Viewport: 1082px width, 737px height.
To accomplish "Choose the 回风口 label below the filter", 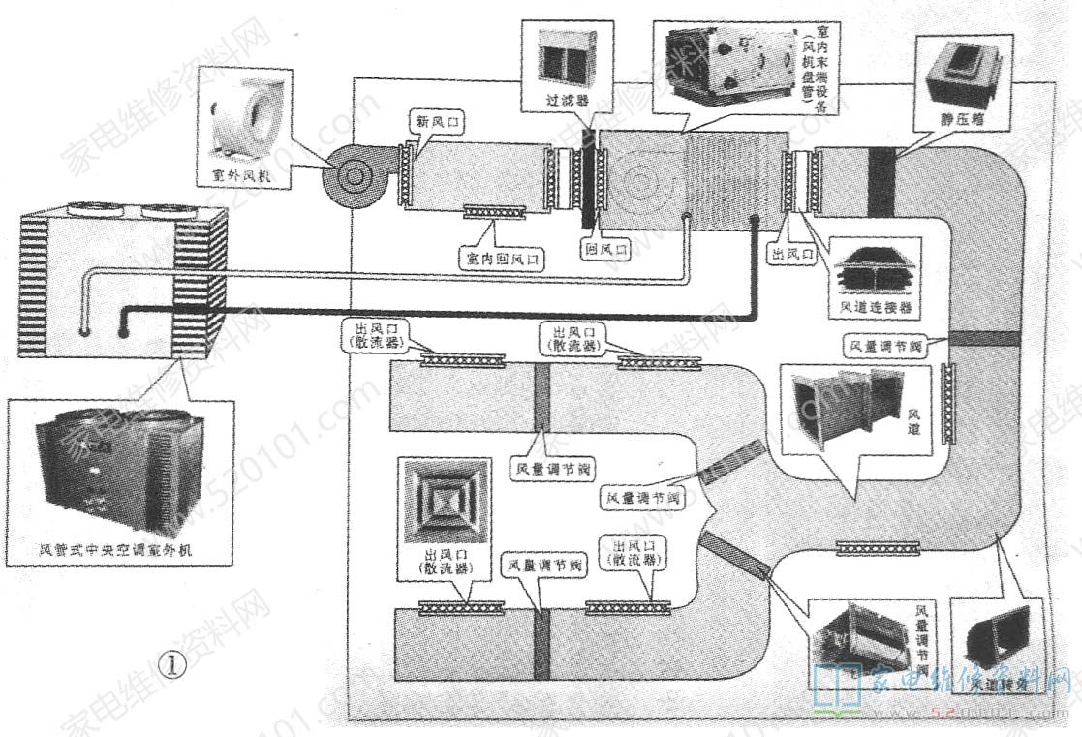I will click(x=606, y=249).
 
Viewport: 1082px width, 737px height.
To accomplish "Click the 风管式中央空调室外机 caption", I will click(x=116, y=550).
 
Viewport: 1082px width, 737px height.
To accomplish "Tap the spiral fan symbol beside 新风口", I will click(x=354, y=175).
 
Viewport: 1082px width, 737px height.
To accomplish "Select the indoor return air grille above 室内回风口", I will click(x=494, y=211).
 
